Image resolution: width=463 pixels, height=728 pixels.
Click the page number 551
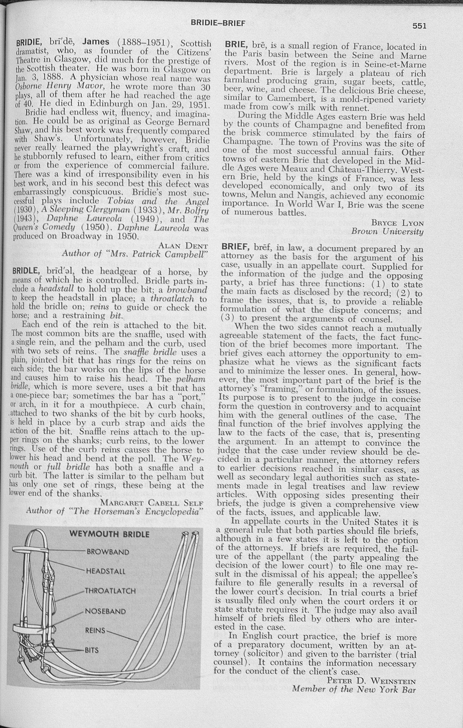[x=419, y=26]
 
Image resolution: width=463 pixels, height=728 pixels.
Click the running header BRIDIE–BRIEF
[x=218, y=23]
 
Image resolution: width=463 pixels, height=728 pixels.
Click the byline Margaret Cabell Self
[x=152, y=502]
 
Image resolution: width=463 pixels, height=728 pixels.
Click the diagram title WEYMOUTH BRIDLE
[x=109, y=534]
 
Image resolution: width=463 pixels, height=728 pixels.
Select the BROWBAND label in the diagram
[x=108, y=552]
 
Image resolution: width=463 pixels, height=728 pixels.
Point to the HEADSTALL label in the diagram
[x=106, y=571]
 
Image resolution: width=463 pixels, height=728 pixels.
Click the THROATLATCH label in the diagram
[x=110, y=591]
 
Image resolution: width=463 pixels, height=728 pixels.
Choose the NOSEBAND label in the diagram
[x=105, y=611]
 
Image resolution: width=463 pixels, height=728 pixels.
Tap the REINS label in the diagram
[x=95, y=630]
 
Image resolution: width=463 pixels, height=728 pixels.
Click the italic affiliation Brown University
[x=387, y=232]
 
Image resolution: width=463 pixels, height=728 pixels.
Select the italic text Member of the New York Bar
[x=354, y=689]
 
